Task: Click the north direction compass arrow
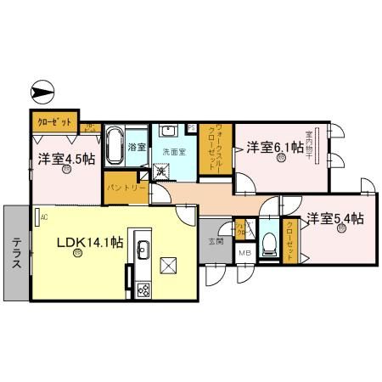pos(42,90)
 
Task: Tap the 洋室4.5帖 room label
pos(65,159)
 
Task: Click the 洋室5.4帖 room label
pos(335,217)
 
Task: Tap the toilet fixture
pos(268,244)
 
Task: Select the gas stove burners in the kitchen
pos(142,289)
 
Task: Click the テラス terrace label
pos(16,252)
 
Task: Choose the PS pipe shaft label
pos(191,128)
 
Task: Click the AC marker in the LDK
pos(42,216)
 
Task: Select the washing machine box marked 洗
pos(160,171)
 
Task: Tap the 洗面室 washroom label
pos(174,154)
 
